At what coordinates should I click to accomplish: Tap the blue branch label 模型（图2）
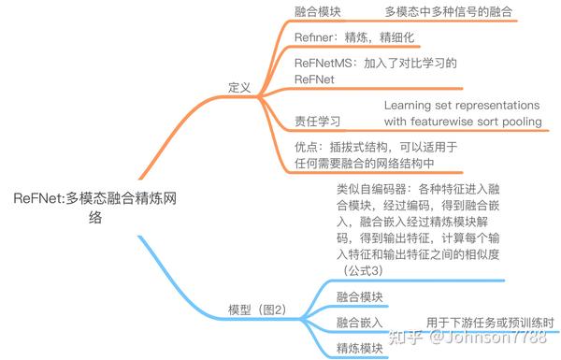256,310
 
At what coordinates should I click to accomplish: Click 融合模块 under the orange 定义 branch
317,13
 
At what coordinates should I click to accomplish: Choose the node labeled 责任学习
317,122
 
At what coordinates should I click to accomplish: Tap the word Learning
412,105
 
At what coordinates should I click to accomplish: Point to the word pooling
520,122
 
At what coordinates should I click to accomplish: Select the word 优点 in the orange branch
307,147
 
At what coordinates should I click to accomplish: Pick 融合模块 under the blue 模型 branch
360,296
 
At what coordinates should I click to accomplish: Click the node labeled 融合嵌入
360,323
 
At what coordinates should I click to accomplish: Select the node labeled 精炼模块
360,348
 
